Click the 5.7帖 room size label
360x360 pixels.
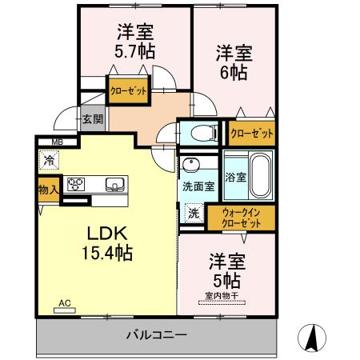[x=135, y=51]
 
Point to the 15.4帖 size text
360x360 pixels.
[x=106, y=254]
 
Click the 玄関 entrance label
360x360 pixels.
[x=92, y=120]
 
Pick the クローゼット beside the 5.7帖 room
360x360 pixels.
[x=130, y=90]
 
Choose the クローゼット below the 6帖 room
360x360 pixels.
[x=251, y=133]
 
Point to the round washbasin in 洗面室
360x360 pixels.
[x=191, y=166]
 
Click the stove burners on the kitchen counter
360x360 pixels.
[x=77, y=185]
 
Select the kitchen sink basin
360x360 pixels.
[x=114, y=186]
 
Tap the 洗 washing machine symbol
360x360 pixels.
[x=194, y=214]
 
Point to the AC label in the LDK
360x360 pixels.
[x=65, y=303]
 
